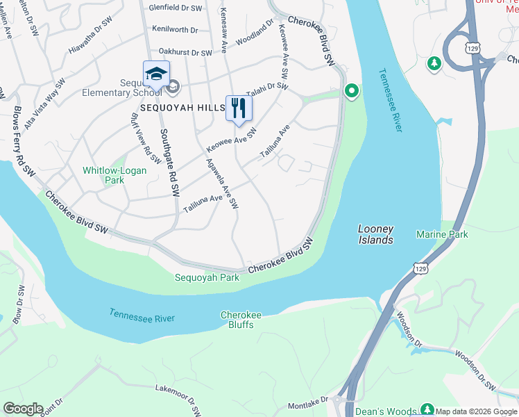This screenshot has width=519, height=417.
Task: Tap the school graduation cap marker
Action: [156, 74]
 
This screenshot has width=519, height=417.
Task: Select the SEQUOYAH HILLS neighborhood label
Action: [182, 108]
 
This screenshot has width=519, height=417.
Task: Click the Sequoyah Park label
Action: [207, 277]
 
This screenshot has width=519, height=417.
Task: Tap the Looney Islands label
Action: [375, 234]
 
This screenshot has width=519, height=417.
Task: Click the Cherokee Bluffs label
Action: [241, 320]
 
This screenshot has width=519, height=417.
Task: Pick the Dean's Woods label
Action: [385, 411]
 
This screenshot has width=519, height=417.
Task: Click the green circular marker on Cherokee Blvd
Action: [352, 91]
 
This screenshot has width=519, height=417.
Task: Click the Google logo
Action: [22, 409]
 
